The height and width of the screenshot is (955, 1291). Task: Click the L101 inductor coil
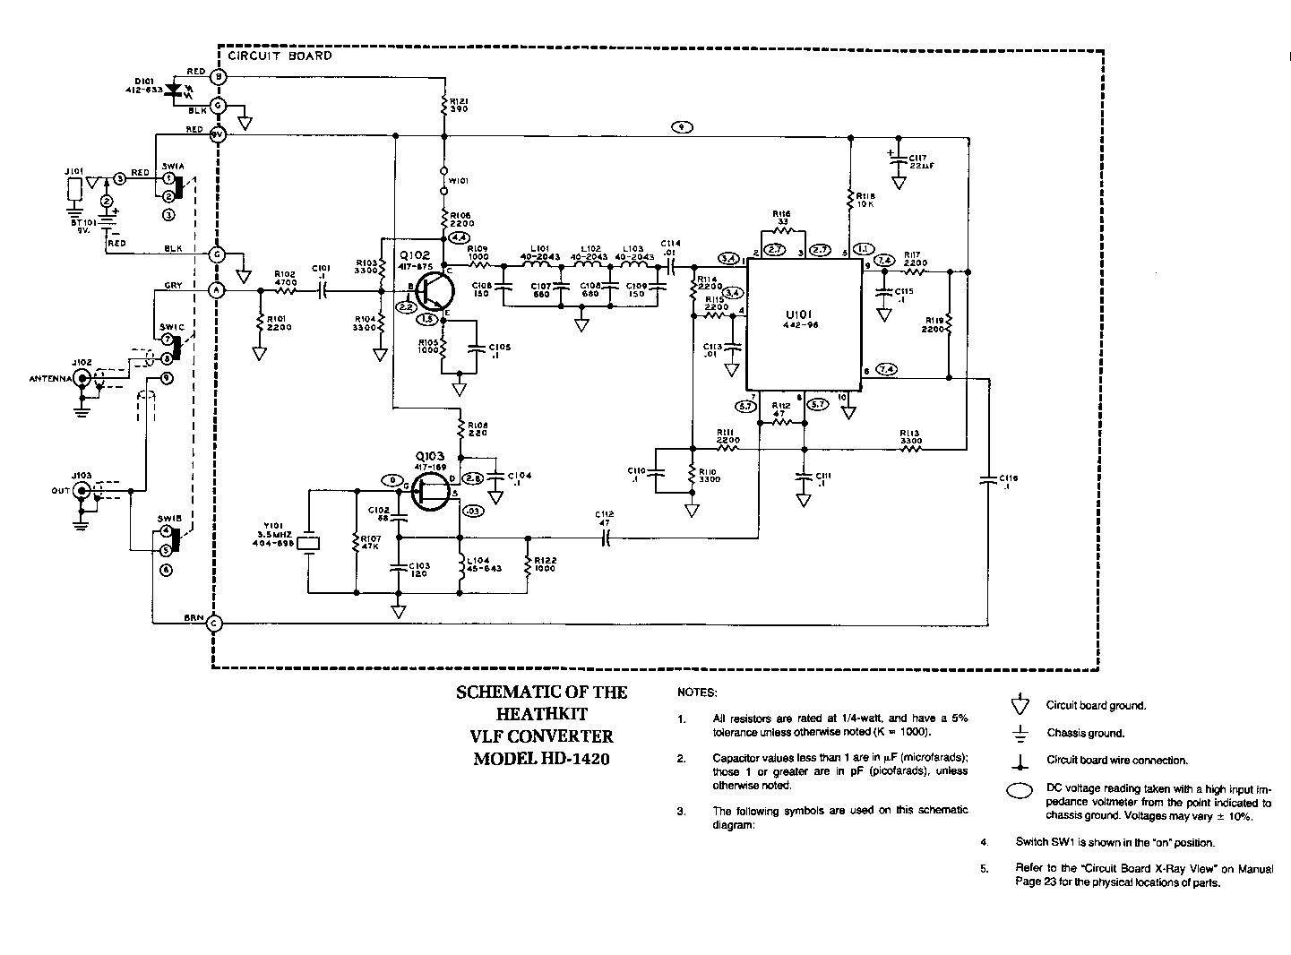click(x=540, y=265)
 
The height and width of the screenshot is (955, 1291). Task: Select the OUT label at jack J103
click(x=61, y=490)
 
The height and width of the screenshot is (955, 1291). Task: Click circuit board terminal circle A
click(x=216, y=290)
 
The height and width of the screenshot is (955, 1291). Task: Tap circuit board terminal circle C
click(x=215, y=624)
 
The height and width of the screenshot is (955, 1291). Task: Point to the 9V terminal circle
click(x=216, y=136)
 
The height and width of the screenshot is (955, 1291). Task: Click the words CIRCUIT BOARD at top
click(x=280, y=56)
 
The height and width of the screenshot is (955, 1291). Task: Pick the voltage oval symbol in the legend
click(x=1020, y=790)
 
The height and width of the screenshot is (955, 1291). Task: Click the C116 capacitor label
click(x=1009, y=482)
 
